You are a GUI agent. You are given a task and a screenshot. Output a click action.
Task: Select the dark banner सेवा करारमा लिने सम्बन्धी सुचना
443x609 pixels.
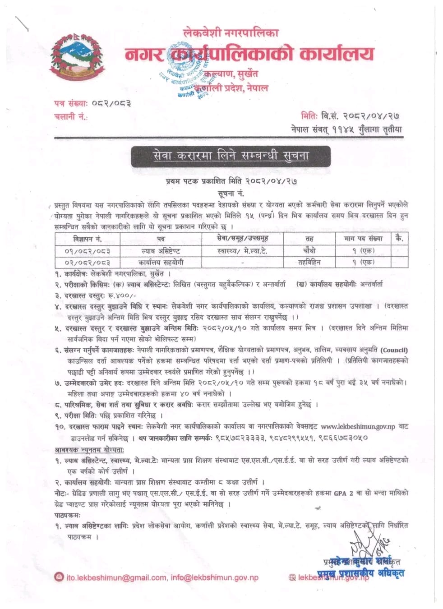tap(231, 156)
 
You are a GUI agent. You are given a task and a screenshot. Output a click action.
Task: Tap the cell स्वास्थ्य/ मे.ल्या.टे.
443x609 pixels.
tap(242, 251)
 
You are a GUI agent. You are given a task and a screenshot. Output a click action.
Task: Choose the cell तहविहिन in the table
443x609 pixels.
tap(310, 262)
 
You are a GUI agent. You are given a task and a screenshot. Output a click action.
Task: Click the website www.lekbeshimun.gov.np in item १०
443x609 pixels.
tap(358, 426)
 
